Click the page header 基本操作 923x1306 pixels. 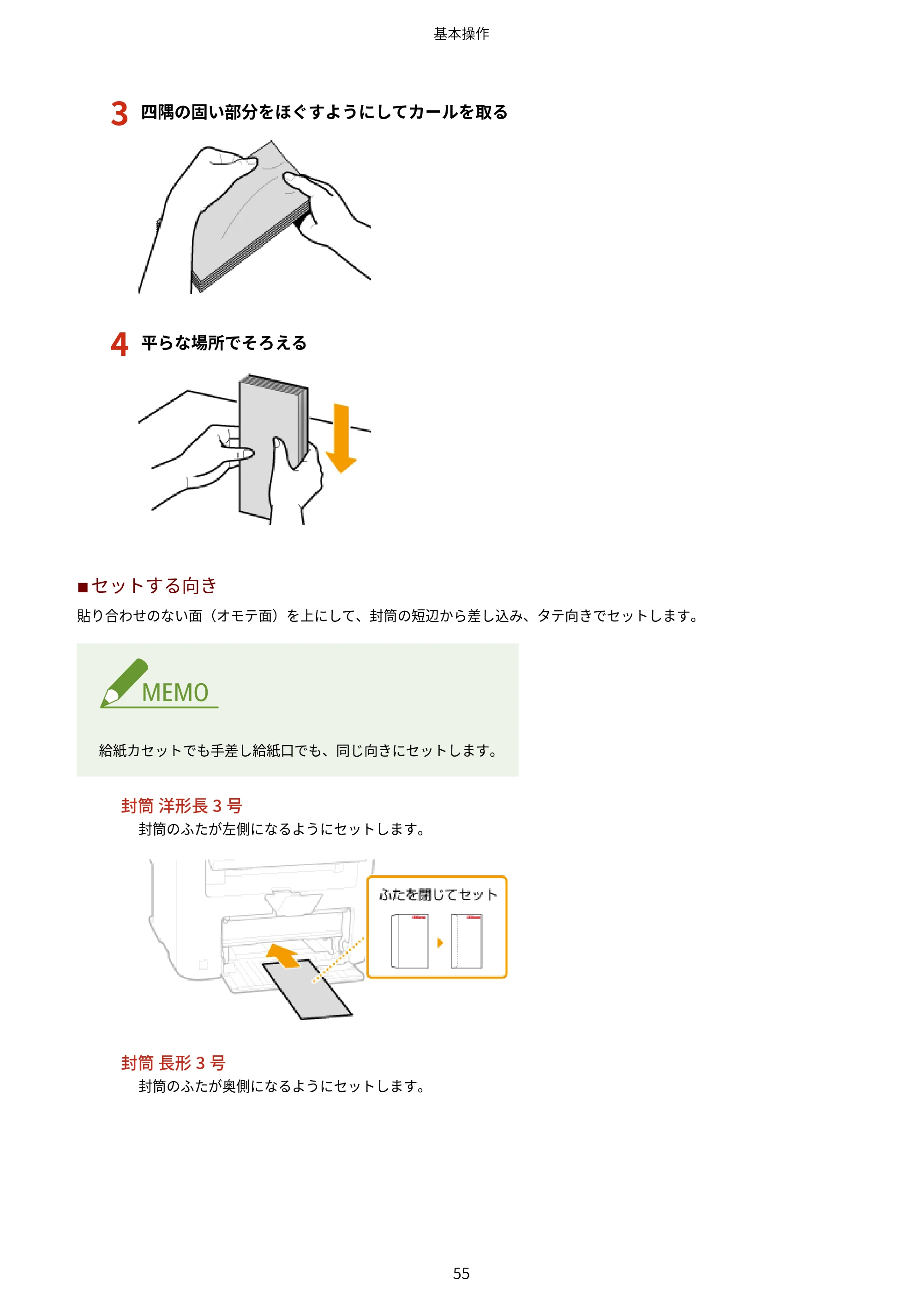(x=461, y=34)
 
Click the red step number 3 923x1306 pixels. (x=120, y=113)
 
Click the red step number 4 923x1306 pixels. (x=120, y=343)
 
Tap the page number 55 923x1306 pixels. (x=461, y=1273)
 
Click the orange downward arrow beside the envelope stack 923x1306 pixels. (x=341, y=438)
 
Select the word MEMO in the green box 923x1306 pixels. (x=175, y=693)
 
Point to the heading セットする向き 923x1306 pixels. (x=154, y=585)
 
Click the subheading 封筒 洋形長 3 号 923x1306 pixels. (x=182, y=806)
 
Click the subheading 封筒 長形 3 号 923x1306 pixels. (x=174, y=1063)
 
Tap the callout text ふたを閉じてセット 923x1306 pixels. (x=438, y=895)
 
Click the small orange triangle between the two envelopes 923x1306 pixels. (x=440, y=943)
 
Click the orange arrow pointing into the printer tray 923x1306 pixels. (x=284, y=956)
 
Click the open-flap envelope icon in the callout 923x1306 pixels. (x=409, y=941)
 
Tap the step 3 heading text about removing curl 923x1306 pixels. (x=324, y=112)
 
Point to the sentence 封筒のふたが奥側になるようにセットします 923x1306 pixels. (x=282, y=1086)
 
